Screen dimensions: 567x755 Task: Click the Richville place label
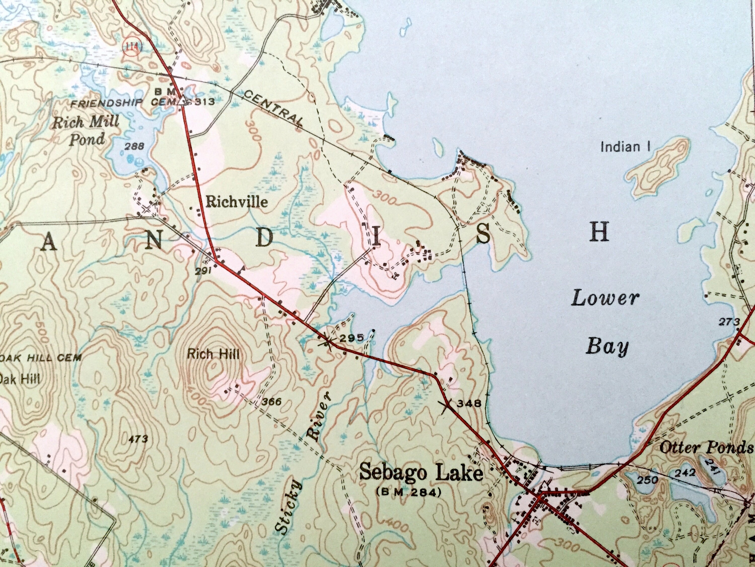click(237, 202)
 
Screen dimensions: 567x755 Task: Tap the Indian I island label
click(625, 147)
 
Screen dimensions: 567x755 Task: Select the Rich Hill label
click(213, 354)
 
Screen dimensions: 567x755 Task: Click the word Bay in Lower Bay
click(607, 347)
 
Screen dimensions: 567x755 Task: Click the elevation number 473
click(139, 439)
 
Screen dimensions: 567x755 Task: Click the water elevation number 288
click(134, 147)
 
